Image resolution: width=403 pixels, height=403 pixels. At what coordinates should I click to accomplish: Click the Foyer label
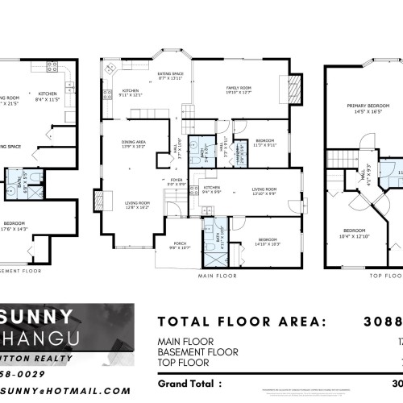pyautogui.click(x=177, y=184)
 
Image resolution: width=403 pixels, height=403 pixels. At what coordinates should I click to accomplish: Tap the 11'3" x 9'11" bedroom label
pyautogui.click(x=265, y=143)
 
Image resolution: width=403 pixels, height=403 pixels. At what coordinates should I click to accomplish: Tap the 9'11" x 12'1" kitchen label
pyautogui.click(x=131, y=93)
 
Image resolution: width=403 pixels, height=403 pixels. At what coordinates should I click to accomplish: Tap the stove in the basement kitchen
pyautogui.click(x=52, y=68)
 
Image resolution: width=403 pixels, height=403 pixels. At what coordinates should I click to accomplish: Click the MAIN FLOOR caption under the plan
pyautogui.click(x=216, y=274)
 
